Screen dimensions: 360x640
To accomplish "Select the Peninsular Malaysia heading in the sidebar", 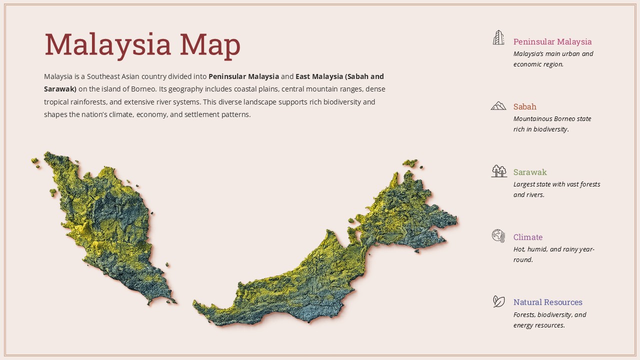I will [552, 41].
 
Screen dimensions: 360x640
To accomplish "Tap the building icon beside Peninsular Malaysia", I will [498, 37].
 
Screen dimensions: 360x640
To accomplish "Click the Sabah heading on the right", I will [524, 106].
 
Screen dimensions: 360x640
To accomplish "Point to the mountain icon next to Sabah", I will [498, 105].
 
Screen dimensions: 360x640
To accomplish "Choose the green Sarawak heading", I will [530, 172].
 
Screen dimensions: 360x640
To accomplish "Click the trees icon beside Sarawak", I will [498, 171].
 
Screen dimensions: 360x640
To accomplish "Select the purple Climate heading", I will [527, 237].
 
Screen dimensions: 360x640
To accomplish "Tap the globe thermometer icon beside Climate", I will [498, 236].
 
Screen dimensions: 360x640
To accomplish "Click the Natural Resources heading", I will [547, 302].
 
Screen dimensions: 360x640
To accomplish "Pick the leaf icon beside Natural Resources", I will [498, 301].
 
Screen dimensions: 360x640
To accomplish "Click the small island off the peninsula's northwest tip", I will [35, 161].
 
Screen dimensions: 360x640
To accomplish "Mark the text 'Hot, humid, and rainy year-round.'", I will [553, 254].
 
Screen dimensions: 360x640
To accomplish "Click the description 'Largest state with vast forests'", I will [556, 184].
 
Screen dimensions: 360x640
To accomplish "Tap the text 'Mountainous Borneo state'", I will [552, 119].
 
